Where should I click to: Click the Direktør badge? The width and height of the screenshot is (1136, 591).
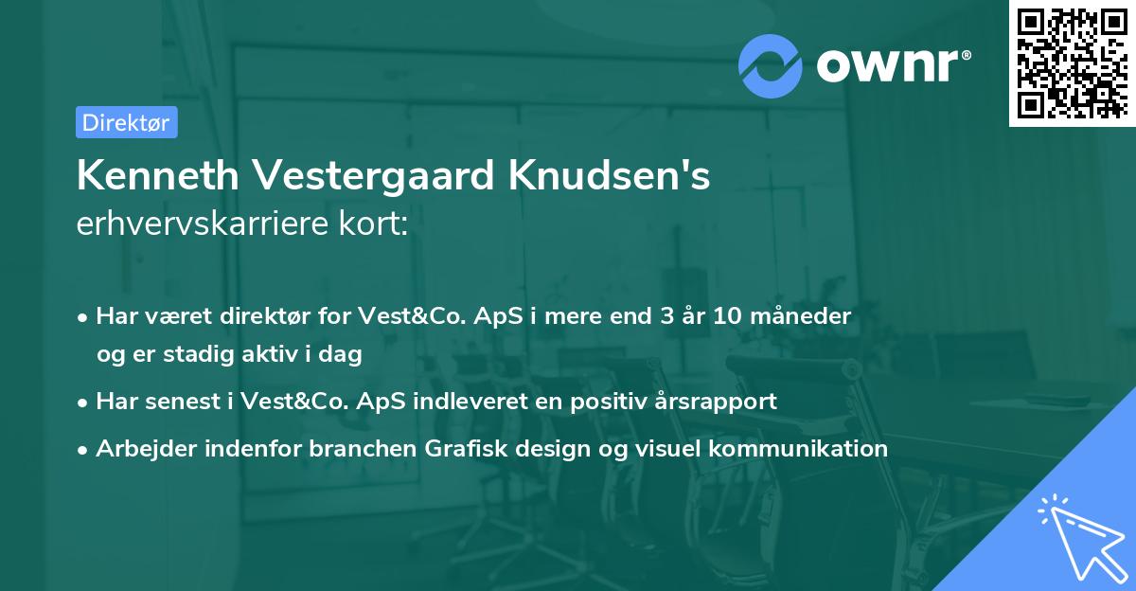(126, 122)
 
